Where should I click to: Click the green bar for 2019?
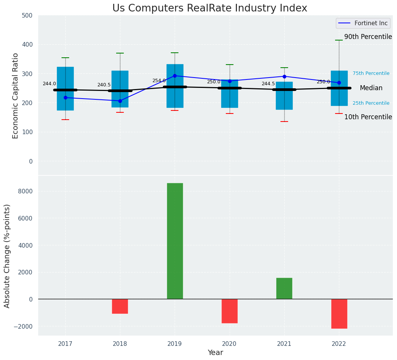pos(175,241)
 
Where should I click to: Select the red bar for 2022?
pos(339,313)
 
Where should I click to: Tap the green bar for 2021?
pos(284,288)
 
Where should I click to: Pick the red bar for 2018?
pos(120,306)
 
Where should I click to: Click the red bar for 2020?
pos(229,311)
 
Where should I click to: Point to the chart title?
pos(209,8)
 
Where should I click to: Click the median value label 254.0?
pos(159,81)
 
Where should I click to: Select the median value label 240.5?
pos(104,85)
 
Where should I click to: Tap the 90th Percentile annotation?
pos(368,37)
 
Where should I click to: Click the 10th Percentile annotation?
pos(368,117)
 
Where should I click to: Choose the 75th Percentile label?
pos(371,73)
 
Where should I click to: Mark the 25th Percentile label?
pos(371,103)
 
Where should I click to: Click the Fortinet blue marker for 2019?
pos(175,76)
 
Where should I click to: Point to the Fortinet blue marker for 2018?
pos(120,101)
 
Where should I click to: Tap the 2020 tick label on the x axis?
pos(229,344)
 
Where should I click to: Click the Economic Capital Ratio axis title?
pos(16,96)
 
